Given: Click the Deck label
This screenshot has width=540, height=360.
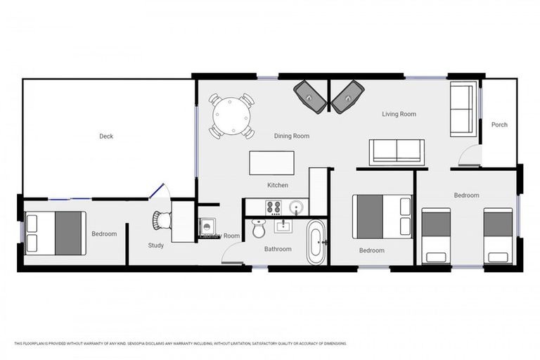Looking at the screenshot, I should (x=106, y=136).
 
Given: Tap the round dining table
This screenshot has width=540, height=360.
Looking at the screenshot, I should (x=231, y=115).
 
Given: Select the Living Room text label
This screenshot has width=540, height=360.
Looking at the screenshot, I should (x=399, y=114).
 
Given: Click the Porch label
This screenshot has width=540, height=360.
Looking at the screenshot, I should (x=499, y=124).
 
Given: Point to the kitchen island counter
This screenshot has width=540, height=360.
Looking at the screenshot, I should (x=271, y=163).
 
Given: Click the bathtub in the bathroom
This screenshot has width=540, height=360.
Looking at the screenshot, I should (x=316, y=241).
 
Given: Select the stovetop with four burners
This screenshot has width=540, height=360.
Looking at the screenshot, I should (x=273, y=207).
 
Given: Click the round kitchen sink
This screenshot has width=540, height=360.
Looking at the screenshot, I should (x=296, y=207).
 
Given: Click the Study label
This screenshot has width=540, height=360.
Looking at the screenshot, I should (x=156, y=245).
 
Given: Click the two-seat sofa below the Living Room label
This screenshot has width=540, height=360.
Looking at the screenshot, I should (x=397, y=151).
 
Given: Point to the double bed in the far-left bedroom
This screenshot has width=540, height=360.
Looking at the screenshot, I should (x=56, y=233).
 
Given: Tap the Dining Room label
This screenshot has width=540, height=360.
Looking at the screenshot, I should (x=292, y=136).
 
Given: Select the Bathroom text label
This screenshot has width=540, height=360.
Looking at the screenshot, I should (x=278, y=249).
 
